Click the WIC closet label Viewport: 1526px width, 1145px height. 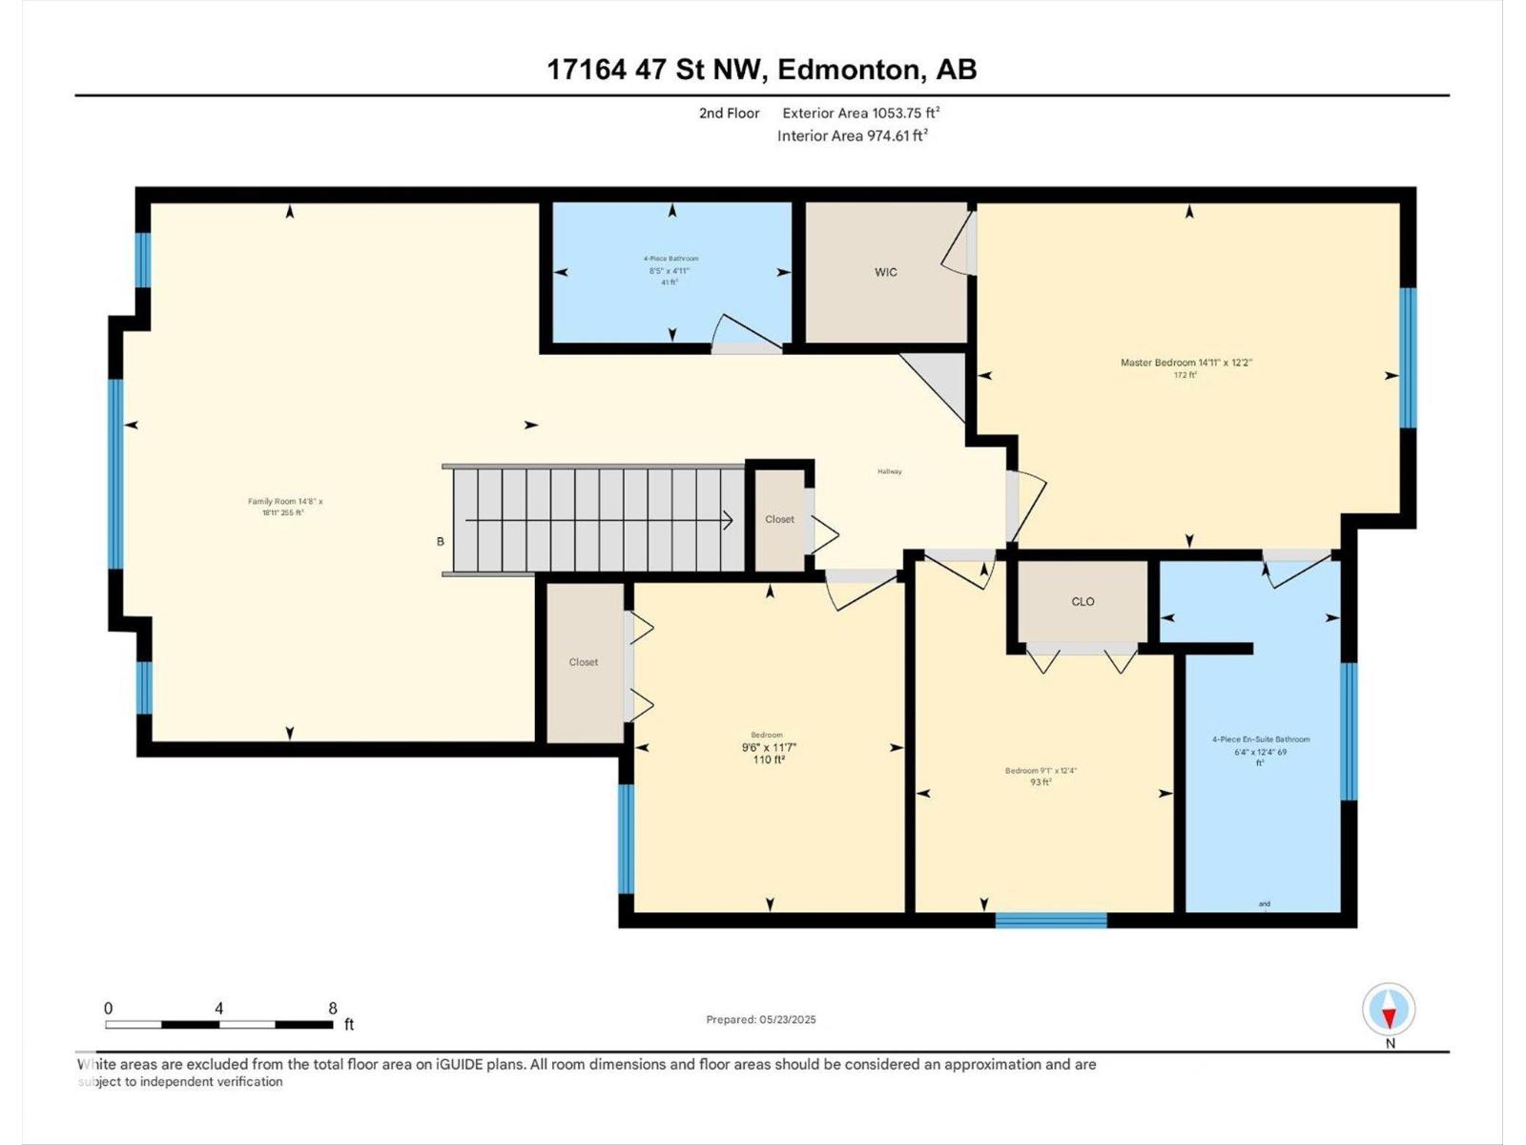(x=886, y=273)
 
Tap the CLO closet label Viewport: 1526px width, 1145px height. (x=1083, y=602)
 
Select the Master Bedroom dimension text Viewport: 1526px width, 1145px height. (x=1186, y=364)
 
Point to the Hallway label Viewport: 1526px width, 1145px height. (x=890, y=471)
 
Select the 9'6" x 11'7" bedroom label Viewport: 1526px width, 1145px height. (x=768, y=748)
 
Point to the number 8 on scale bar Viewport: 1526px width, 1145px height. (x=332, y=1009)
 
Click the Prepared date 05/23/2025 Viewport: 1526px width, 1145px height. (x=761, y=1019)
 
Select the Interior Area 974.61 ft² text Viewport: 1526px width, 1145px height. (x=853, y=135)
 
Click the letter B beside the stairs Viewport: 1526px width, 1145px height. (x=441, y=542)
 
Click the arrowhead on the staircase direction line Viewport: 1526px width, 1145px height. (x=728, y=521)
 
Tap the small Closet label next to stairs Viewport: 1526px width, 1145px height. (x=779, y=519)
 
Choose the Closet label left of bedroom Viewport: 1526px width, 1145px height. (x=584, y=662)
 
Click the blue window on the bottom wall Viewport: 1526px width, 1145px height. (x=1051, y=920)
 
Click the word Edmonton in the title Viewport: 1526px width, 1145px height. (x=850, y=70)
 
